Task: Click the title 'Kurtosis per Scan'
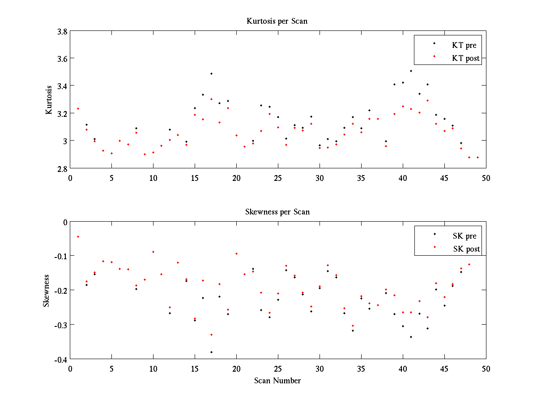[x=277, y=21]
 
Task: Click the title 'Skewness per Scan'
[x=277, y=212]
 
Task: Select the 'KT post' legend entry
[x=465, y=58]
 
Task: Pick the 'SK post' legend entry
[x=466, y=249]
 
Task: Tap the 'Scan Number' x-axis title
[x=277, y=381]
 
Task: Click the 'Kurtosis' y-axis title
[x=49, y=100]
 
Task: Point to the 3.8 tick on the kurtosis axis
[x=62, y=31]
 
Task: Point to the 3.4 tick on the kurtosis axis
[x=62, y=86]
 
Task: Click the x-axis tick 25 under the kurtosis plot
[x=278, y=178]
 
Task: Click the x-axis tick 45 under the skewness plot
[x=444, y=369]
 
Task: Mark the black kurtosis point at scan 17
[x=211, y=73]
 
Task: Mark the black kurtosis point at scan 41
[x=411, y=71]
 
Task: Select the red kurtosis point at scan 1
[x=78, y=108]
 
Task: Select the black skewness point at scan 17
[x=211, y=352]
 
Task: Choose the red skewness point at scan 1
[x=78, y=236]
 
